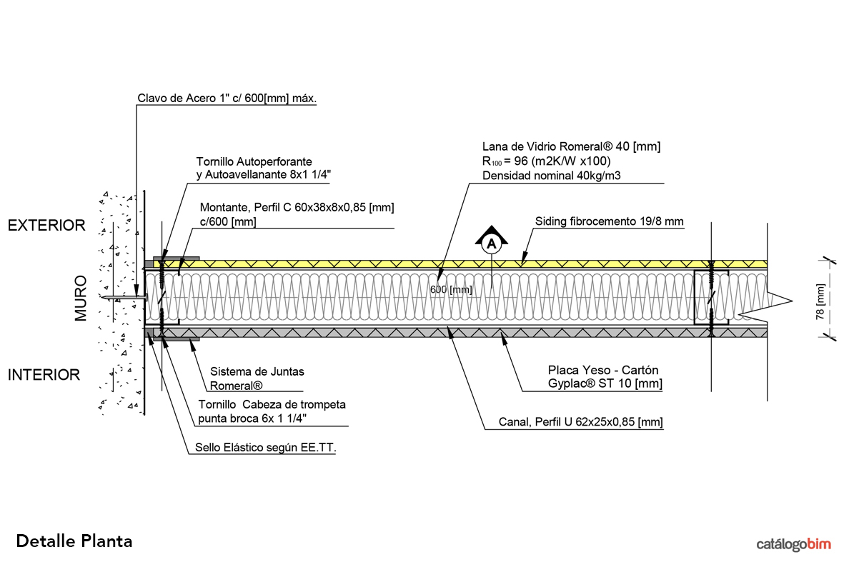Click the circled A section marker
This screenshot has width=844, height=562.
click(x=491, y=244)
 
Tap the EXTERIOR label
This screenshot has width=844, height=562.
click(x=46, y=226)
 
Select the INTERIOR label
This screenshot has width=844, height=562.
click(x=44, y=374)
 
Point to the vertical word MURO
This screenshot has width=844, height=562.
click(x=81, y=298)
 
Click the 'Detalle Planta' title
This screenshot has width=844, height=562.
click(x=74, y=541)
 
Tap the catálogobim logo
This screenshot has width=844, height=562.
click(x=794, y=544)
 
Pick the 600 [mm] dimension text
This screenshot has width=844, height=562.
click(x=451, y=289)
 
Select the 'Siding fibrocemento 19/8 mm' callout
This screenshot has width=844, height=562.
click(x=610, y=221)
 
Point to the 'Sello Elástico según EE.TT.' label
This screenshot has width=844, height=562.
click(x=265, y=448)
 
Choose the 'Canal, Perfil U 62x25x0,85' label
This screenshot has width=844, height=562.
click(x=581, y=423)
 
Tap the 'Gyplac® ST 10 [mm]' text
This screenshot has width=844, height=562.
click(x=605, y=384)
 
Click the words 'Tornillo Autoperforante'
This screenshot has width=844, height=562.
click(x=254, y=162)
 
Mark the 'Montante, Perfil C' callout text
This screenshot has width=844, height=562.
click(x=297, y=207)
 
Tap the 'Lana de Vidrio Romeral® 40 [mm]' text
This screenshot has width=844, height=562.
click(x=572, y=146)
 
